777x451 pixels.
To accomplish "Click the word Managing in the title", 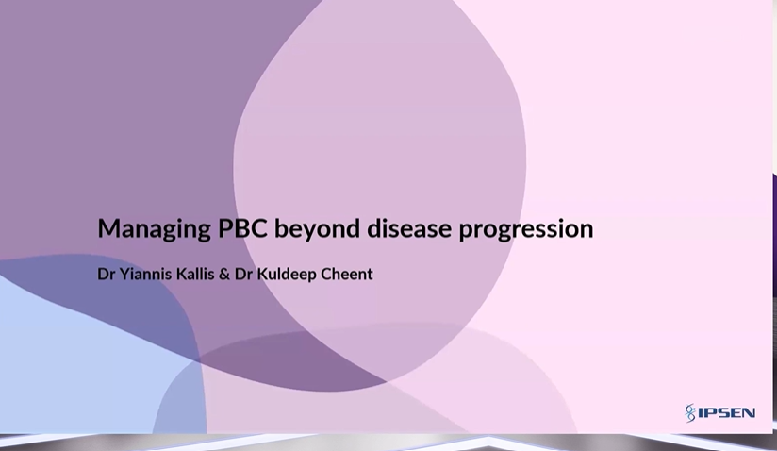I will pyautogui.click(x=154, y=229).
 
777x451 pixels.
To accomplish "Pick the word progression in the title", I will pyautogui.click(x=526, y=229).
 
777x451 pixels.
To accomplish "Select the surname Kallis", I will pyautogui.click(x=199, y=275).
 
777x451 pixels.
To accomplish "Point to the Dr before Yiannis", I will pyautogui.click(x=107, y=275).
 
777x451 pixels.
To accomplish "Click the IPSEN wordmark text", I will pyautogui.click(x=726, y=413).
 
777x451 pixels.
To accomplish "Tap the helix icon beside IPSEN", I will pyautogui.click(x=690, y=413).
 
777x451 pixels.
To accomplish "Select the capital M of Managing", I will pyautogui.click(x=107, y=228).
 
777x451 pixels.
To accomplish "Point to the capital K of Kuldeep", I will pyautogui.click(x=269, y=275).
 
